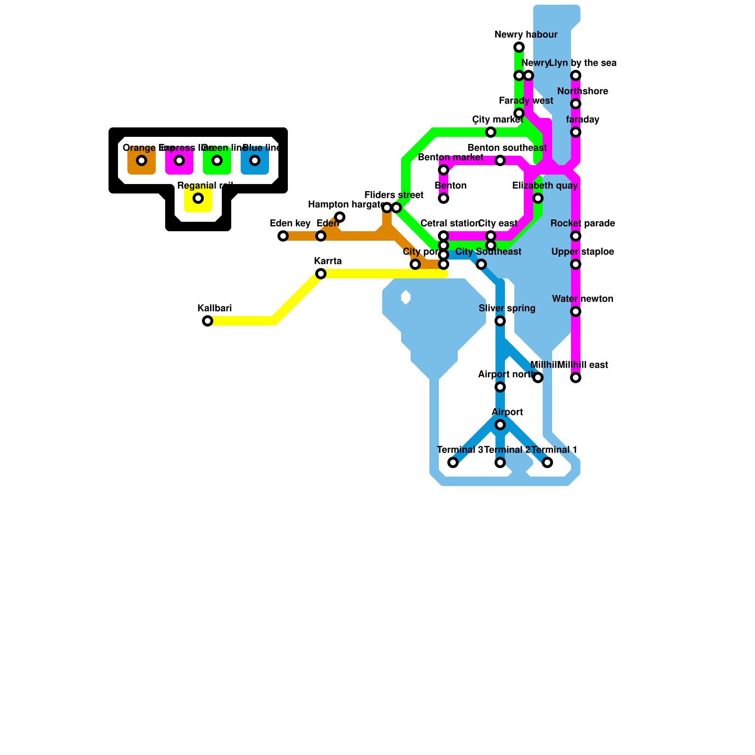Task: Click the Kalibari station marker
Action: click(x=208, y=321)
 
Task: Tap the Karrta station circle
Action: click(x=321, y=274)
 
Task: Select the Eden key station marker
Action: click(x=283, y=236)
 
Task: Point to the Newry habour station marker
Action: click(x=519, y=47)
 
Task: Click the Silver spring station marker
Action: click(x=500, y=321)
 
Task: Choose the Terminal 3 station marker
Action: click(x=453, y=462)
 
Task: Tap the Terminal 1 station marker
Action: click(x=547, y=462)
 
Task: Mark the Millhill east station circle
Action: click(x=576, y=377)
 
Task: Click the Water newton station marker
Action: click(x=576, y=311)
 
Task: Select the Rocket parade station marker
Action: click(x=576, y=236)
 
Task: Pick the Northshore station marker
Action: click(x=576, y=104)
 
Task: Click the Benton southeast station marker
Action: click(x=500, y=160)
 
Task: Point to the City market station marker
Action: click(x=491, y=132)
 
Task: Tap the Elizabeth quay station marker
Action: click(x=538, y=198)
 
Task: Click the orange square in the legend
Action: click(x=142, y=160)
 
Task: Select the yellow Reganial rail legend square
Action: click(x=198, y=198)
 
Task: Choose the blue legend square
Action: click(x=255, y=160)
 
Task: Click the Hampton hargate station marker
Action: click(x=340, y=217)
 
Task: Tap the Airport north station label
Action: click(x=505, y=375)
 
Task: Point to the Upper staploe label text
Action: click(x=583, y=252)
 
